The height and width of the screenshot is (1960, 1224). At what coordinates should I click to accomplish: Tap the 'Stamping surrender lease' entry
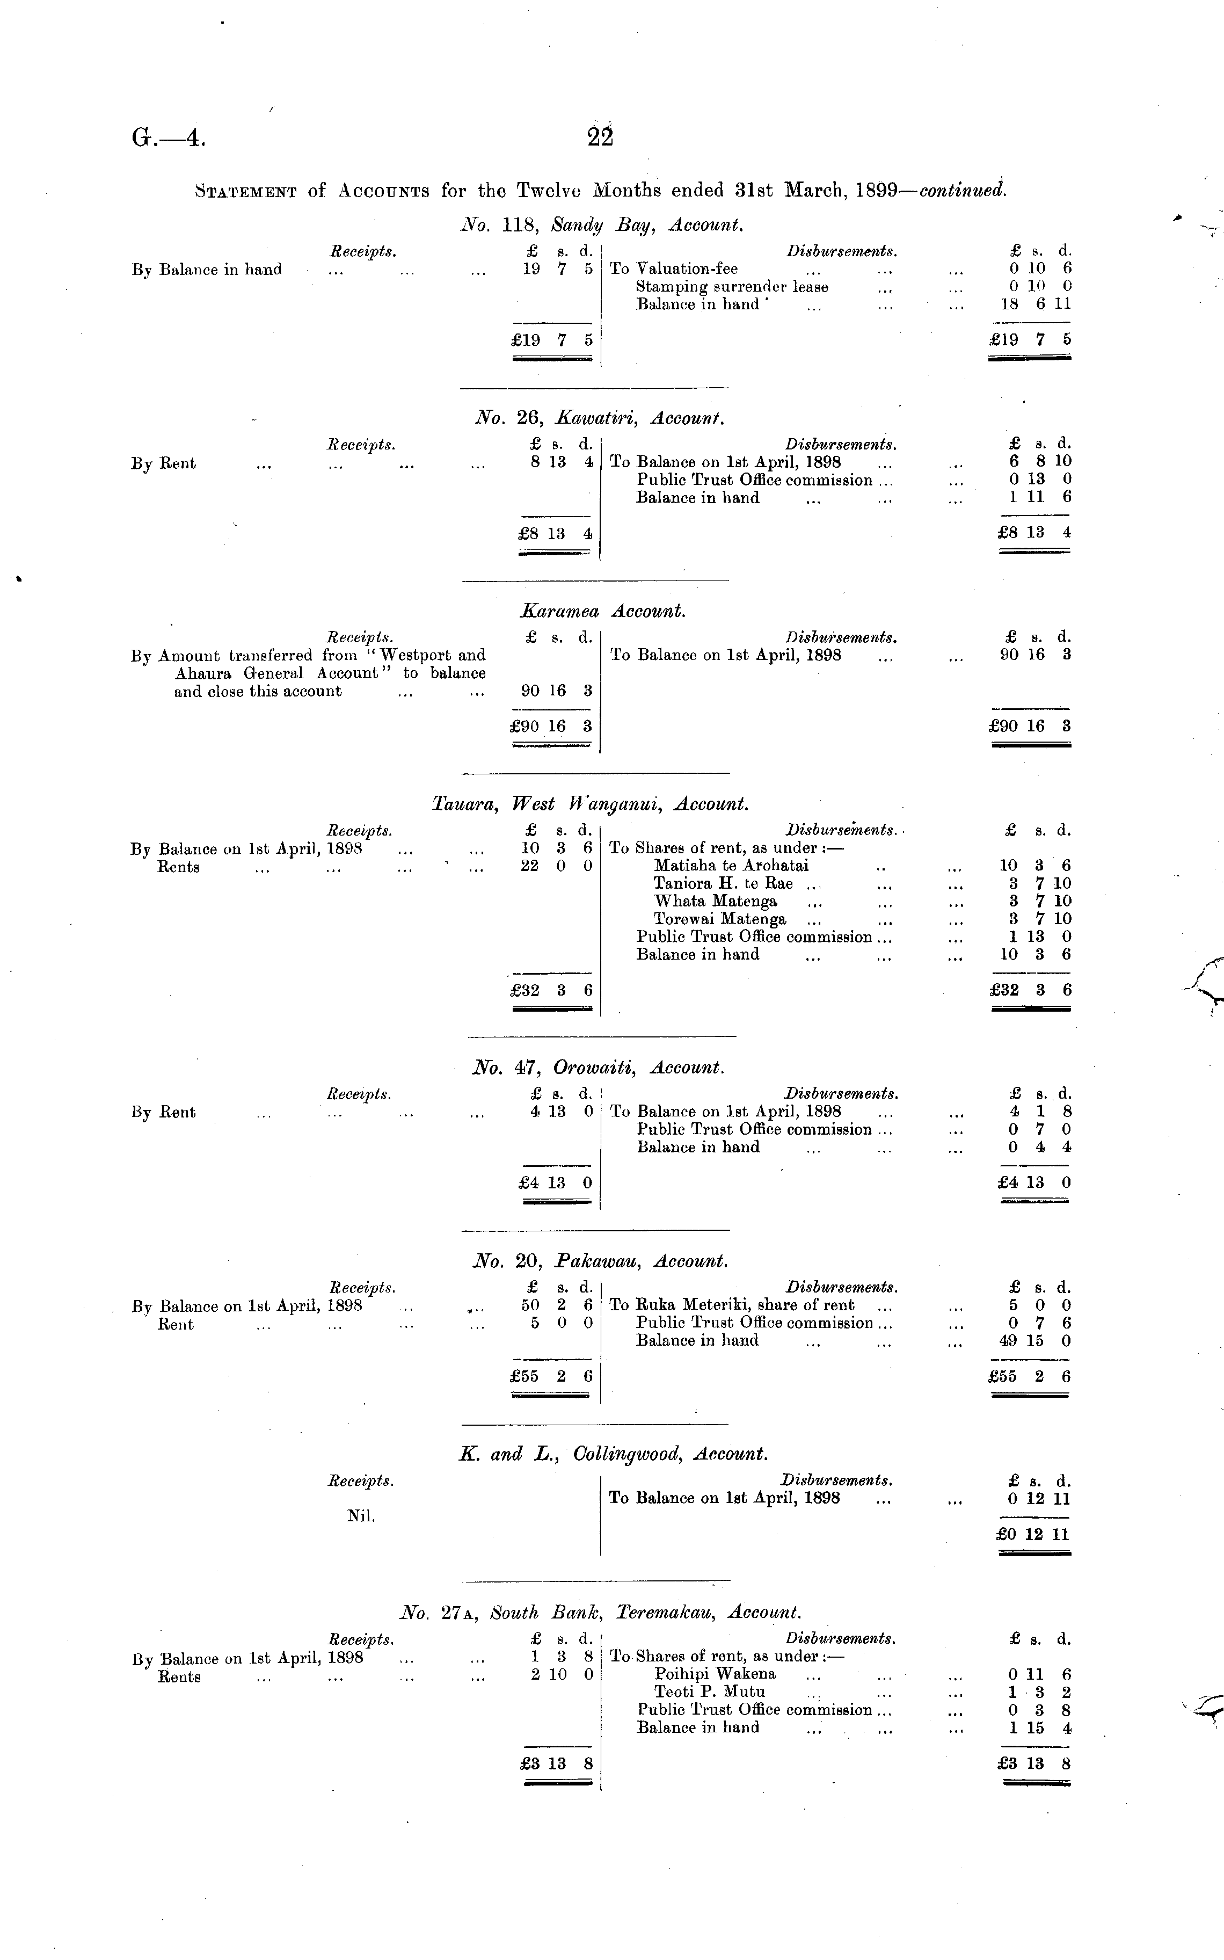(x=732, y=287)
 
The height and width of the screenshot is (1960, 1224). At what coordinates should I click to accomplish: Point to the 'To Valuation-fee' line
(x=674, y=269)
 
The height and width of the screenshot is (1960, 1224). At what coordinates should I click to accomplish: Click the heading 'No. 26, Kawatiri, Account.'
(x=599, y=418)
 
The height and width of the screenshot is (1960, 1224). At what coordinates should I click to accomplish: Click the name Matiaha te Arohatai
(x=731, y=866)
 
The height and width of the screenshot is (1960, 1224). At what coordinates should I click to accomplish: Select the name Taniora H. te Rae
(x=723, y=883)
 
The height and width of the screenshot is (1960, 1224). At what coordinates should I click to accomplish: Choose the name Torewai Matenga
(x=720, y=919)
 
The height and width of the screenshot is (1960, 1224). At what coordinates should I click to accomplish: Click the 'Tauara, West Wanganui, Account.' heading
(x=590, y=805)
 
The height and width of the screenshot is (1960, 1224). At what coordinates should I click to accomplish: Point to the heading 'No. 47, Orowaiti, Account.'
(x=598, y=1068)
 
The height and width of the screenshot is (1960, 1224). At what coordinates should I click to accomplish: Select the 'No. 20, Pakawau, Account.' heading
(x=600, y=1261)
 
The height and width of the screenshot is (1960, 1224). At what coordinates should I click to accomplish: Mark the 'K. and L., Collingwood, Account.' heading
(x=613, y=1454)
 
